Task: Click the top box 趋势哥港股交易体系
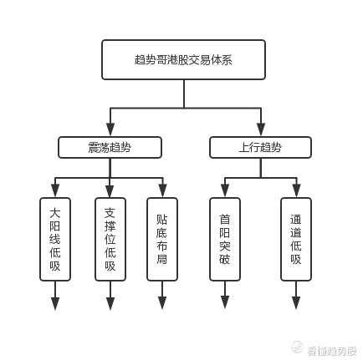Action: click(183, 59)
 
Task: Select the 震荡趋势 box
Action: click(110, 147)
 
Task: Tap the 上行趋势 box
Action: click(260, 147)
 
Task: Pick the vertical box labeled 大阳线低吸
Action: click(55, 239)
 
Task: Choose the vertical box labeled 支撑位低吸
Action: click(110, 239)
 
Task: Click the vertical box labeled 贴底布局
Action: click(162, 239)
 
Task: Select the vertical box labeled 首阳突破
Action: click(225, 239)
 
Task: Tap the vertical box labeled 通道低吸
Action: click(296, 239)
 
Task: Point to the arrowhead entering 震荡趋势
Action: click(110, 129)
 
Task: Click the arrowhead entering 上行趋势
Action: click(261, 129)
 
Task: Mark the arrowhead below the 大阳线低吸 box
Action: click(55, 303)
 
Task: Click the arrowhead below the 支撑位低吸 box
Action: click(110, 303)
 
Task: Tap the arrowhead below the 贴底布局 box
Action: click(162, 302)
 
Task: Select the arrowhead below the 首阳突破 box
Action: click(225, 302)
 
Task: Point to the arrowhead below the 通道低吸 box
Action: click(296, 302)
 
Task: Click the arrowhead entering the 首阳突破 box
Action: click(225, 190)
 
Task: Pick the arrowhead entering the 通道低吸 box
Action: click(296, 190)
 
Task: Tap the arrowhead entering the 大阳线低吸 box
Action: click(55, 190)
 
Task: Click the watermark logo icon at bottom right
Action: click(297, 347)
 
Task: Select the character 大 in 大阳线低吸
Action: click(55, 213)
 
